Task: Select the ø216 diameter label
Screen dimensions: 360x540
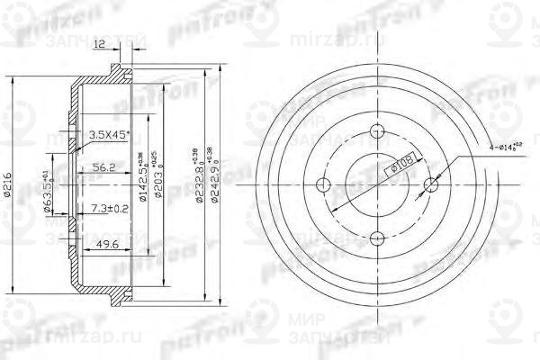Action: pos(9,184)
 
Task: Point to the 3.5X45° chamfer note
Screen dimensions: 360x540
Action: pos(109,135)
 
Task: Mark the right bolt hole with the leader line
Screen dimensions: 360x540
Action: pos(429,185)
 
